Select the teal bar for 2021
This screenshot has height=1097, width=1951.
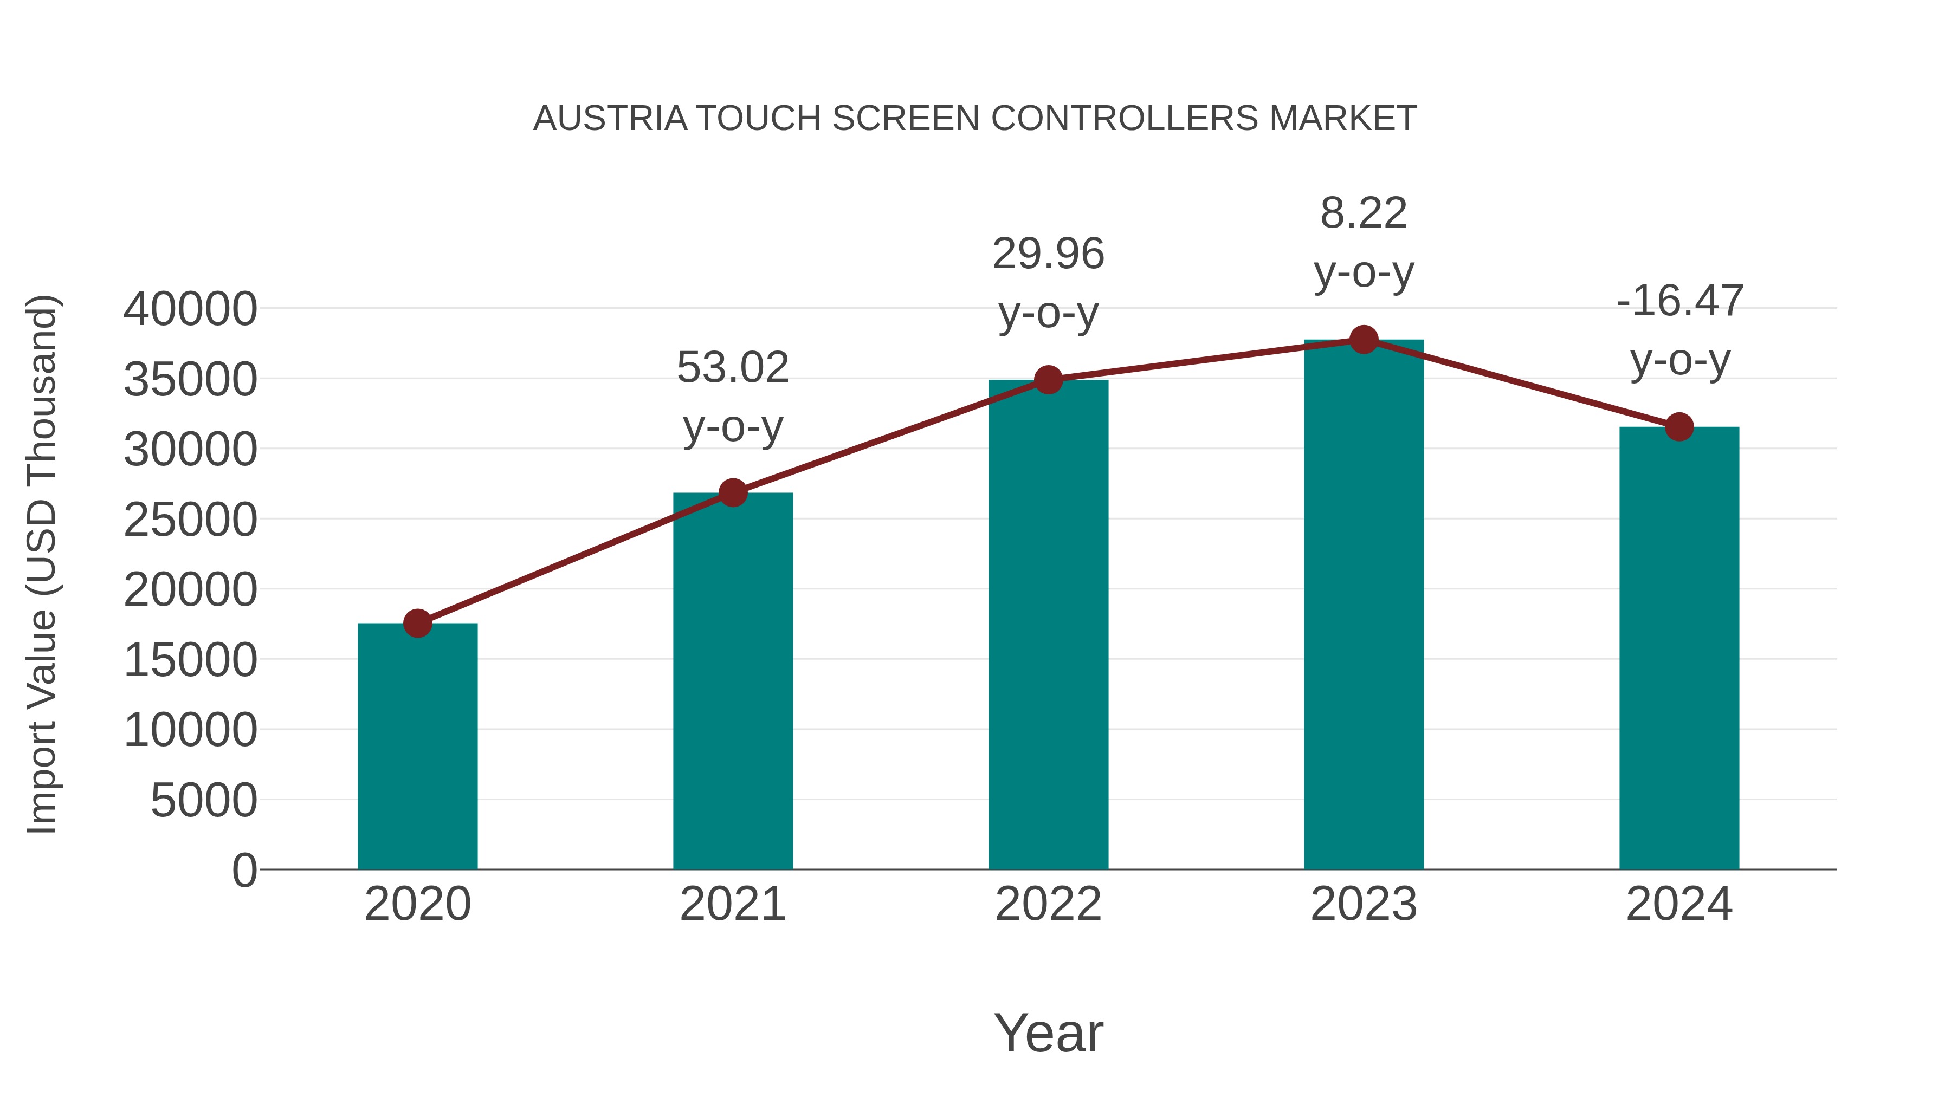(732, 681)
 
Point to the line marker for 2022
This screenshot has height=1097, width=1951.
(1048, 380)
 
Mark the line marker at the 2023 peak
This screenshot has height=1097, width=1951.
(1364, 340)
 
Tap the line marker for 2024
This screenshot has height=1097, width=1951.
(1679, 427)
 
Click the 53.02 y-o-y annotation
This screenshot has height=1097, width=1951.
(732, 396)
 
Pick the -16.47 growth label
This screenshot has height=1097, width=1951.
(1679, 329)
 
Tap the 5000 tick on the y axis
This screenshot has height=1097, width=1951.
(204, 800)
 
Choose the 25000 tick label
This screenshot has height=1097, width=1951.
(190, 520)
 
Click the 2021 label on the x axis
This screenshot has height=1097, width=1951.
(732, 904)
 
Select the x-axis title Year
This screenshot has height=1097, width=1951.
(1048, 1033)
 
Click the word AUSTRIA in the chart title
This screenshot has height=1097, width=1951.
(610, 119)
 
